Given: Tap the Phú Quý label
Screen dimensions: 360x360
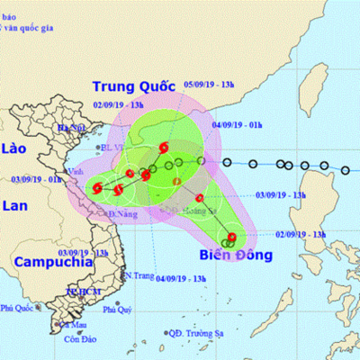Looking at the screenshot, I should coord(117,310).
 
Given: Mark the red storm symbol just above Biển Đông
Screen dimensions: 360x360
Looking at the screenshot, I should coord(232,238).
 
